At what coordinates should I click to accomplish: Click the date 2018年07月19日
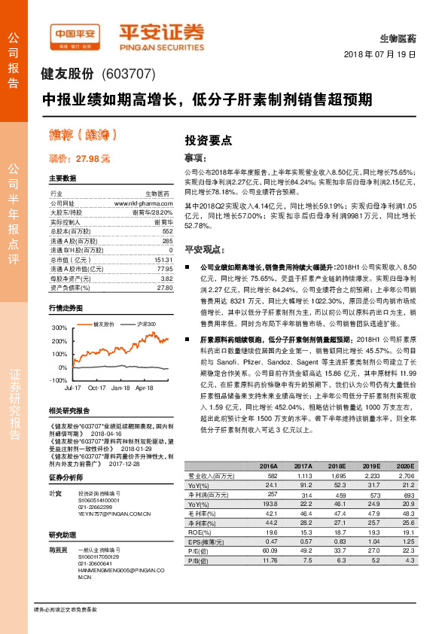coord(379,55)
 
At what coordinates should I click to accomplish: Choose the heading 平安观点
coord(206,248)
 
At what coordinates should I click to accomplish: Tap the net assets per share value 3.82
coord(167,278)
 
